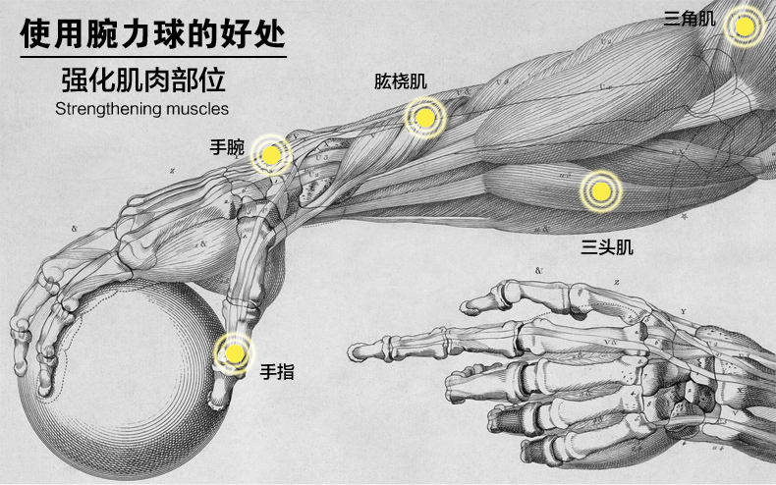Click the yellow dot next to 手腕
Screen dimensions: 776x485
[271, 154]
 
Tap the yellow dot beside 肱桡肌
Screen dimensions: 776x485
[424, 118]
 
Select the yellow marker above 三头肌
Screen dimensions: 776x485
[598, 190]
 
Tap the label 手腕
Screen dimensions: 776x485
[227, 148]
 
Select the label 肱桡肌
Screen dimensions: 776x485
[400, 81]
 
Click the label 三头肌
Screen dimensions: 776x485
[606, 246]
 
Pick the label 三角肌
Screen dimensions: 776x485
[690, 17]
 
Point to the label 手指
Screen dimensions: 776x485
[276, 372]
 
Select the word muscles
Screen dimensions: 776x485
[197, 109]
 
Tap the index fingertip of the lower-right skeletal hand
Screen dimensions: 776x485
[361, 349]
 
